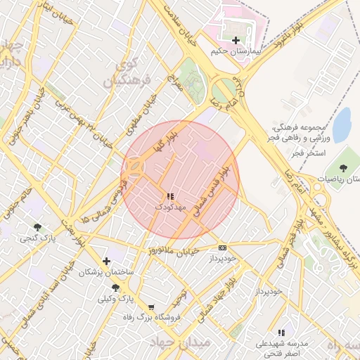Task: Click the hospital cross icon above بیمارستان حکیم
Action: pos(236,40)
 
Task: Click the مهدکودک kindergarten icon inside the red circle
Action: pos(169,196)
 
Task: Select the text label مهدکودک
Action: pos(169,207)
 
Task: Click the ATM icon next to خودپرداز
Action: pos(223,247)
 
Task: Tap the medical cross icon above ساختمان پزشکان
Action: pos(106,261)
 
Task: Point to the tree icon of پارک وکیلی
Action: pos(115,288)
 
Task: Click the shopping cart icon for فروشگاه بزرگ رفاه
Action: pos(151,307)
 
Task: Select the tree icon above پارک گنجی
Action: pos(37,226)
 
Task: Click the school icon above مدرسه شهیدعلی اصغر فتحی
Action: pos(281,333)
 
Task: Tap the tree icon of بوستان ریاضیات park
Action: pos(343,167)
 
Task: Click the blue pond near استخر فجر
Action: pos(342,125)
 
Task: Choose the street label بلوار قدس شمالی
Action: pos(213,190)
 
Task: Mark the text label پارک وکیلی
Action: pos(115,299)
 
